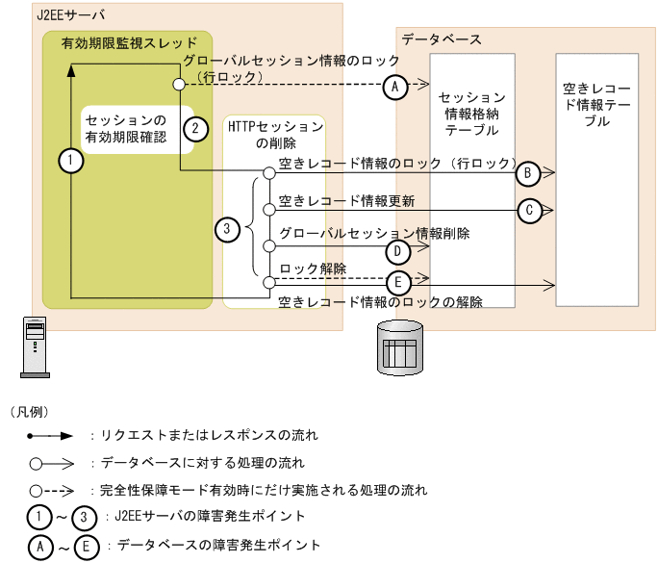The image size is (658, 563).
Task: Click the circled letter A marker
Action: point(392,87)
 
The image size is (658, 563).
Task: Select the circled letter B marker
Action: point(527,173)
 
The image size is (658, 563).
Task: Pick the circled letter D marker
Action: point(394,250)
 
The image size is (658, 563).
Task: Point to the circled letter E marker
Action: point(397,282)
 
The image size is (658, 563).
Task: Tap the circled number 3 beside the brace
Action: point(226,229)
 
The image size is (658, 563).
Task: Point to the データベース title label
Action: point(442,39)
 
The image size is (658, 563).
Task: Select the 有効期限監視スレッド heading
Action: point(129,43)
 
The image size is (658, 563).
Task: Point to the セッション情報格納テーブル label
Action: point(471,114)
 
